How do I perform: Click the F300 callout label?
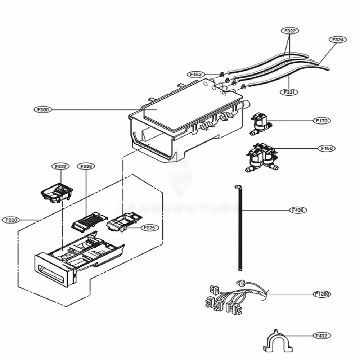(x=43, y=109)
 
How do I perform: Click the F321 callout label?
(x=289, y=92)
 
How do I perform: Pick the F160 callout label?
(x=326, y=148)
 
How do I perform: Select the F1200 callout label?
(x=322, y=294)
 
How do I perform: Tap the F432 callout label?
(x=321, y=336)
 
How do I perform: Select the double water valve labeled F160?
(x=262, y=157)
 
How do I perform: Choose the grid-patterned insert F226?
(x=89, y=219)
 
